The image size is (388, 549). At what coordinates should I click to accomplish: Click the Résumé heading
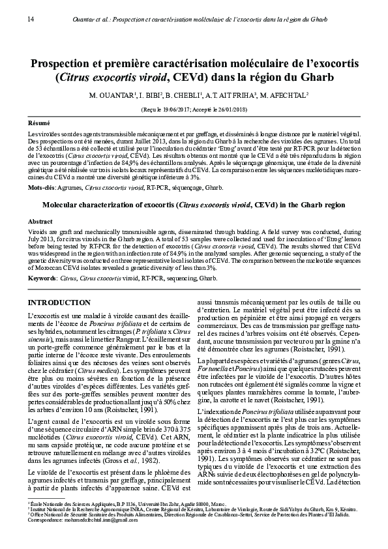click(x=38, y=123)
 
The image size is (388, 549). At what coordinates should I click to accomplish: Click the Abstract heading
click(x=40, y=222)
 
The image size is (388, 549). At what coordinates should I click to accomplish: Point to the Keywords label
click(x=42, y=278)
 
